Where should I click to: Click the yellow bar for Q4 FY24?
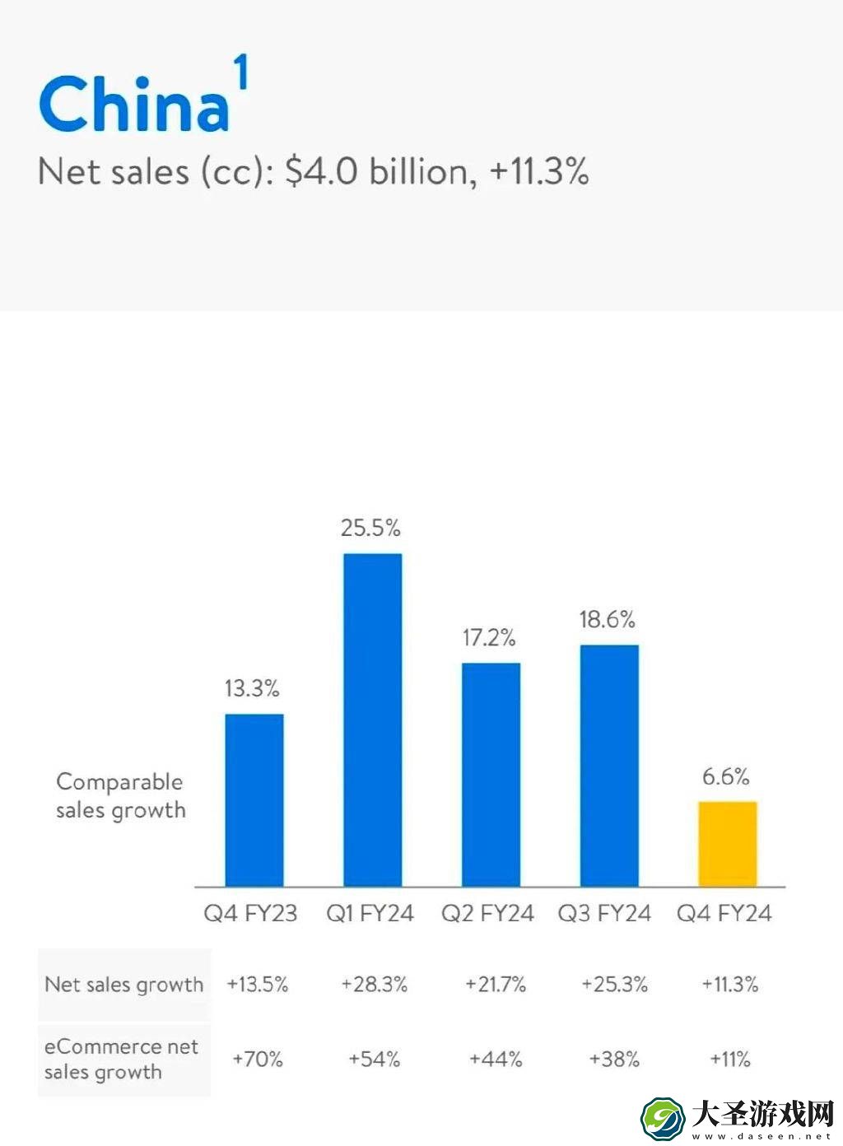point(728,844)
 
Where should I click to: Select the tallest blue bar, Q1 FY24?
point(372,720)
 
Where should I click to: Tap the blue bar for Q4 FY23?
point(254,800)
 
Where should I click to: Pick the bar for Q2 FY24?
point(491,775)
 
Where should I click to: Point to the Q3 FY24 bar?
point(609,766)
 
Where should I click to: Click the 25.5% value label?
point(370,528)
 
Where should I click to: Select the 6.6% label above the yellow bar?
point(726,776)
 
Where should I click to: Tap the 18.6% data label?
point(608,620)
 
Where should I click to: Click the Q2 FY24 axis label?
point(487,913)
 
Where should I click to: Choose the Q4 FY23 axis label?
point(250,913)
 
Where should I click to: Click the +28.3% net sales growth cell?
point(375,984)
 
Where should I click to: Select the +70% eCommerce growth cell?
point(258,1059)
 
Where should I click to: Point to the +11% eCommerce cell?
point(730,1059)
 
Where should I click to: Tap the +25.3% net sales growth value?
point(615,984)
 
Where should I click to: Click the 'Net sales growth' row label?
point(123,985)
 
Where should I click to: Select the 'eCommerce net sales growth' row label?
point(121,1059)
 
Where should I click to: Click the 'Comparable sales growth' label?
point(121,795)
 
